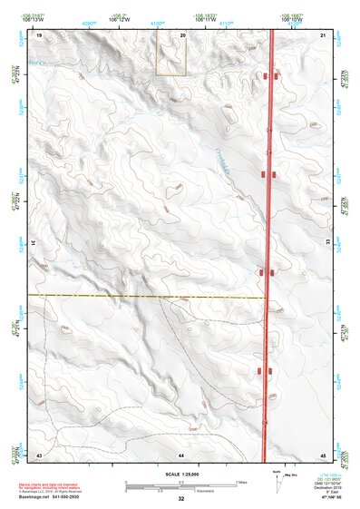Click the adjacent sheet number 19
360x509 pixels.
[39, 34]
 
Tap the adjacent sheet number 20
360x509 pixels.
[182, 34]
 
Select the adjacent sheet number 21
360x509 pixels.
[323, 34]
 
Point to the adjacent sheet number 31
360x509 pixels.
[34, 244]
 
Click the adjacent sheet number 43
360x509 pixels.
[39, 454]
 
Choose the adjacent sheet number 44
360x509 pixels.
[181, 454]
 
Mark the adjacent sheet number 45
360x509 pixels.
[323, 454]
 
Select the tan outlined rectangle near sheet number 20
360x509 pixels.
[171, 53]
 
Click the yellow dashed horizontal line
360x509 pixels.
[145, 296]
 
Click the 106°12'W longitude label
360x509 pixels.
[120, 17]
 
